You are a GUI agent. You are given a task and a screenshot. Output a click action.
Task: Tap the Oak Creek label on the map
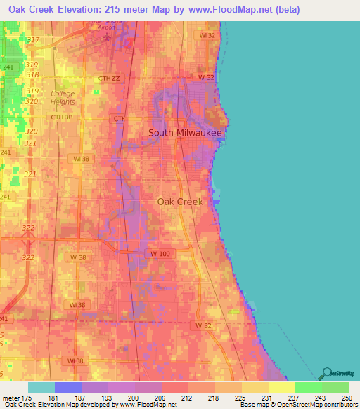coord(180,201)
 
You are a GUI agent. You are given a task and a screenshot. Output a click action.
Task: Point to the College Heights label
coord(67,98)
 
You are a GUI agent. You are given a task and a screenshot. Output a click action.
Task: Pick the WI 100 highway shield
coord(161,252)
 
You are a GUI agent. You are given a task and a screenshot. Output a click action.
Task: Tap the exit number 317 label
coord(32,39)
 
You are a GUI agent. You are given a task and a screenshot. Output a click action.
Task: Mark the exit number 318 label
coord(32,74)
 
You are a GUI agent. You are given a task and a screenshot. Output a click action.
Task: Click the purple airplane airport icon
coord(107,37)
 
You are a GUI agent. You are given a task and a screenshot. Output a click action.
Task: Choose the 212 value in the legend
coord(187,398)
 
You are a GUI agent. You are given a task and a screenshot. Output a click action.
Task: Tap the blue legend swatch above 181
coord(67,387)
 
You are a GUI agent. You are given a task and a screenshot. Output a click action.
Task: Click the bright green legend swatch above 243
coord(308,387)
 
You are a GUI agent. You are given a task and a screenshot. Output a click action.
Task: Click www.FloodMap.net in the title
coord(219,10)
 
